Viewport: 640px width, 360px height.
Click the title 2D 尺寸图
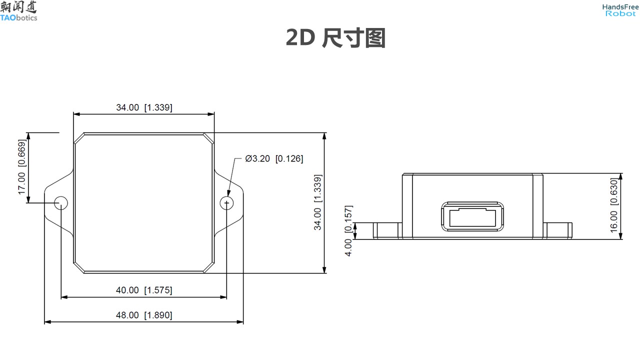click(x=335, y=38)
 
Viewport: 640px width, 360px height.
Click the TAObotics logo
click(x=19, y=11)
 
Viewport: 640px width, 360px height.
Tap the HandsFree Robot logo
click(x=620, y=10)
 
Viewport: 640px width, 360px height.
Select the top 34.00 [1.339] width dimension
click(x=144, y=107)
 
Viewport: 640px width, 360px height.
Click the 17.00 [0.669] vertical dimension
click(x=22, y=167)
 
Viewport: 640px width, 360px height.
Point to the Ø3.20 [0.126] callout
click(x=274, y=159)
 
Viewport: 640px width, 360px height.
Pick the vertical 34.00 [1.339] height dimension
click(x=317, y=202)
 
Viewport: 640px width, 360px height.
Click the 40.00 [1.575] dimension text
click(x=144, y=290)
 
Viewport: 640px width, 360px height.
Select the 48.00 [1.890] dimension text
click(x=144, y=315)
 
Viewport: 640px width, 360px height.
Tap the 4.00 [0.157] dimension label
click(x=348, y=230)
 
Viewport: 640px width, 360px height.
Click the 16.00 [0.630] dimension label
click(x=614, y=205)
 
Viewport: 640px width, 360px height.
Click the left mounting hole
click(x=61, y=202)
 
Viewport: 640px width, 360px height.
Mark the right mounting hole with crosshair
click(x=227, y=202)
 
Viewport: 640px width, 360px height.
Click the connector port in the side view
click(x=471, y=216)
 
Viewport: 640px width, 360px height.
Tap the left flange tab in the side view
click(x=386, y=230)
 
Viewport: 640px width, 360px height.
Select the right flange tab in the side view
click(x=557, y=230)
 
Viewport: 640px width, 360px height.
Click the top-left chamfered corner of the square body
click(x=79, y=138)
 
